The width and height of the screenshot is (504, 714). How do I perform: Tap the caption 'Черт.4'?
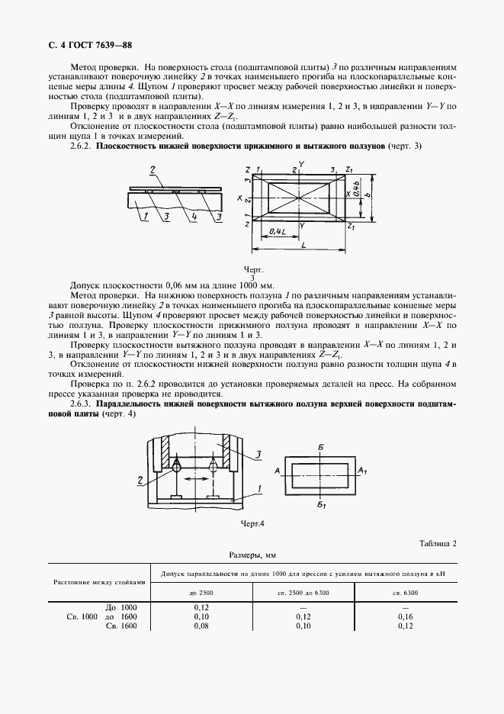(x=252, y=523)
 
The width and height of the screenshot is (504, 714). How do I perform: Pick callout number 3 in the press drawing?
(x=258, y=455)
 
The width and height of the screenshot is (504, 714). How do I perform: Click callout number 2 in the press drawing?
(x=141, y=480)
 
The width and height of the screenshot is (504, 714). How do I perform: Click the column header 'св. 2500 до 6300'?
(x=305, y=591)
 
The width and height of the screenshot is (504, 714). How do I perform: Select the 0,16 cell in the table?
(x=404, y=616)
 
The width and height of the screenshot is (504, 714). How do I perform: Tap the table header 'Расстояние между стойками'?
(x=99, y=581)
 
